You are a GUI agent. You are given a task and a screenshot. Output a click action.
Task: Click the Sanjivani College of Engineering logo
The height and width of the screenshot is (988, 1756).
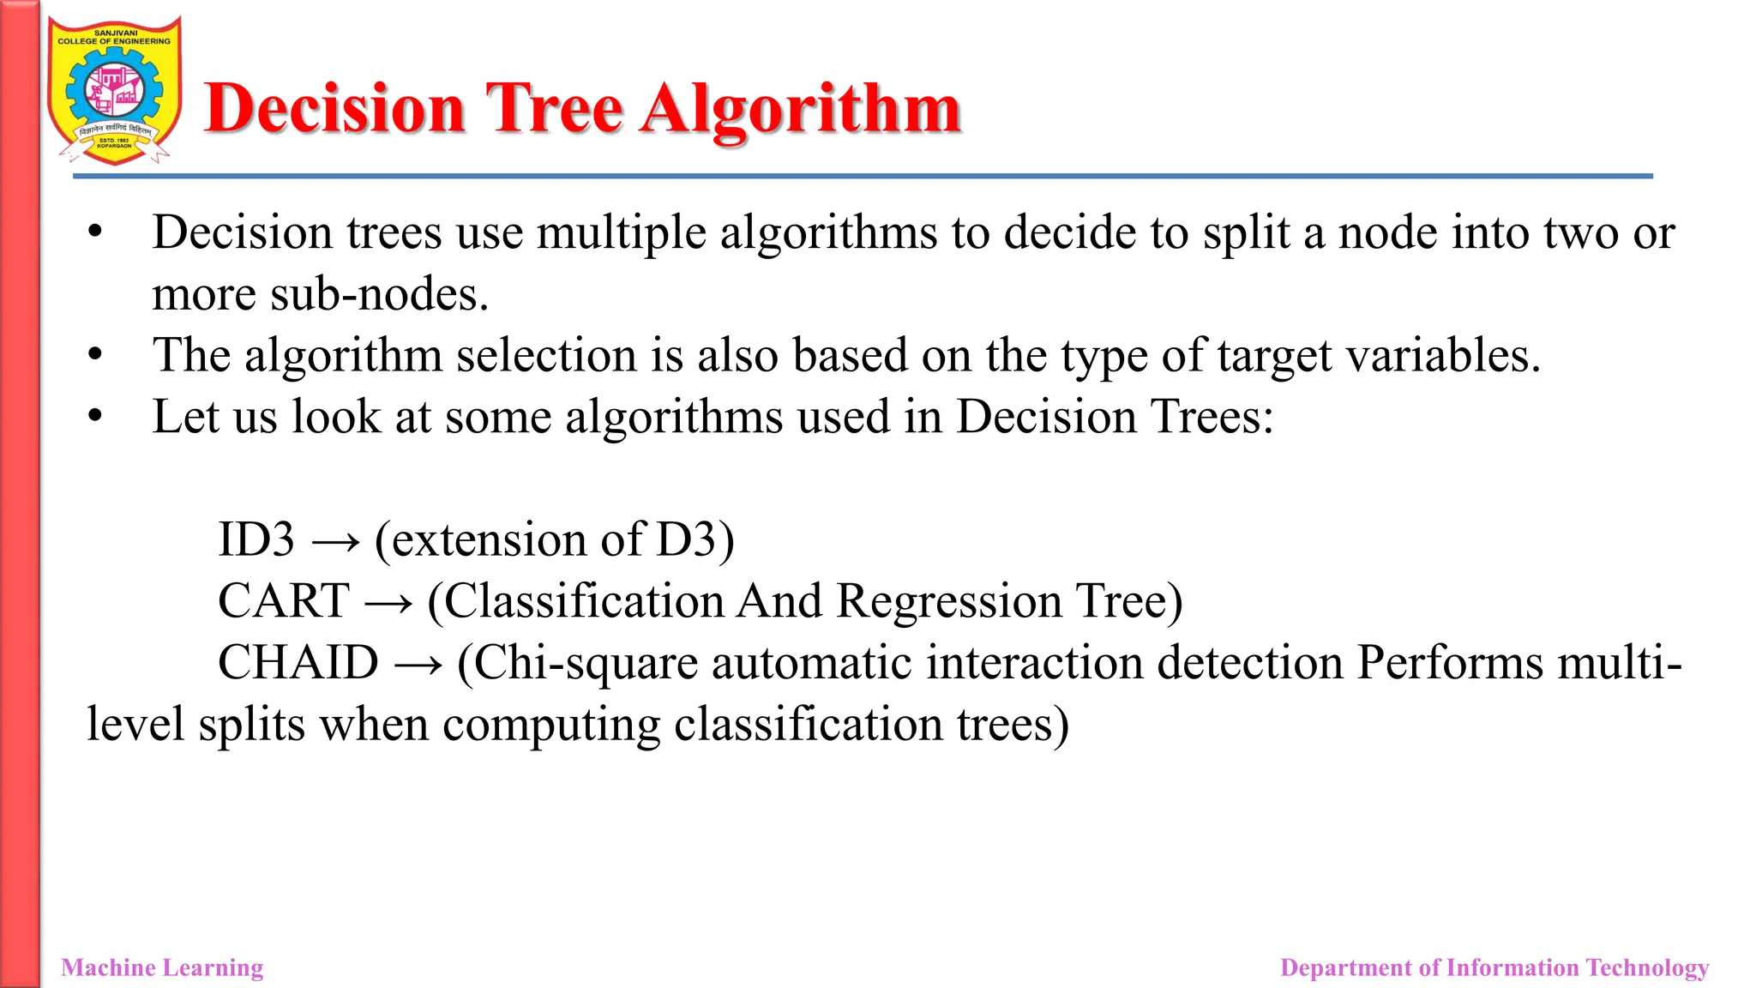click(114, 91)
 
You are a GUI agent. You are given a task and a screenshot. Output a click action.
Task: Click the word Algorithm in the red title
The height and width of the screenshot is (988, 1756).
click(801, 110)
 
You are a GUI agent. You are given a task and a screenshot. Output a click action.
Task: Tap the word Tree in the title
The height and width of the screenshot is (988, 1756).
click(555, 110)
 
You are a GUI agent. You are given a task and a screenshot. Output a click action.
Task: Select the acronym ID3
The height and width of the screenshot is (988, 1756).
click(256, 539)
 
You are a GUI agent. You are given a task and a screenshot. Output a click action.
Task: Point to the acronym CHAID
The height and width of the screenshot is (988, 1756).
click(298, 662)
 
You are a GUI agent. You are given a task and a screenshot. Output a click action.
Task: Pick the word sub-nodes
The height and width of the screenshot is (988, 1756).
click(379, 295)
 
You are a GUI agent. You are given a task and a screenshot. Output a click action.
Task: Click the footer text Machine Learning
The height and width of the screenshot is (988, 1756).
click(162, 967)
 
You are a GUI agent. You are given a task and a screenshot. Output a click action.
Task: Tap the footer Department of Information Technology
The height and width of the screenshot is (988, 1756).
click(1494, 967)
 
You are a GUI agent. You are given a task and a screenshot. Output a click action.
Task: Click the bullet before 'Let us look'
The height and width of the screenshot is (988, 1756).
click(95, 417)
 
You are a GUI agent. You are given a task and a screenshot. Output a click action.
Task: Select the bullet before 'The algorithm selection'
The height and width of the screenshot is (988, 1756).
click(95, 355)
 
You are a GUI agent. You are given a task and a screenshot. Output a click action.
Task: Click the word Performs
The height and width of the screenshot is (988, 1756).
click(1450, 662)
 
